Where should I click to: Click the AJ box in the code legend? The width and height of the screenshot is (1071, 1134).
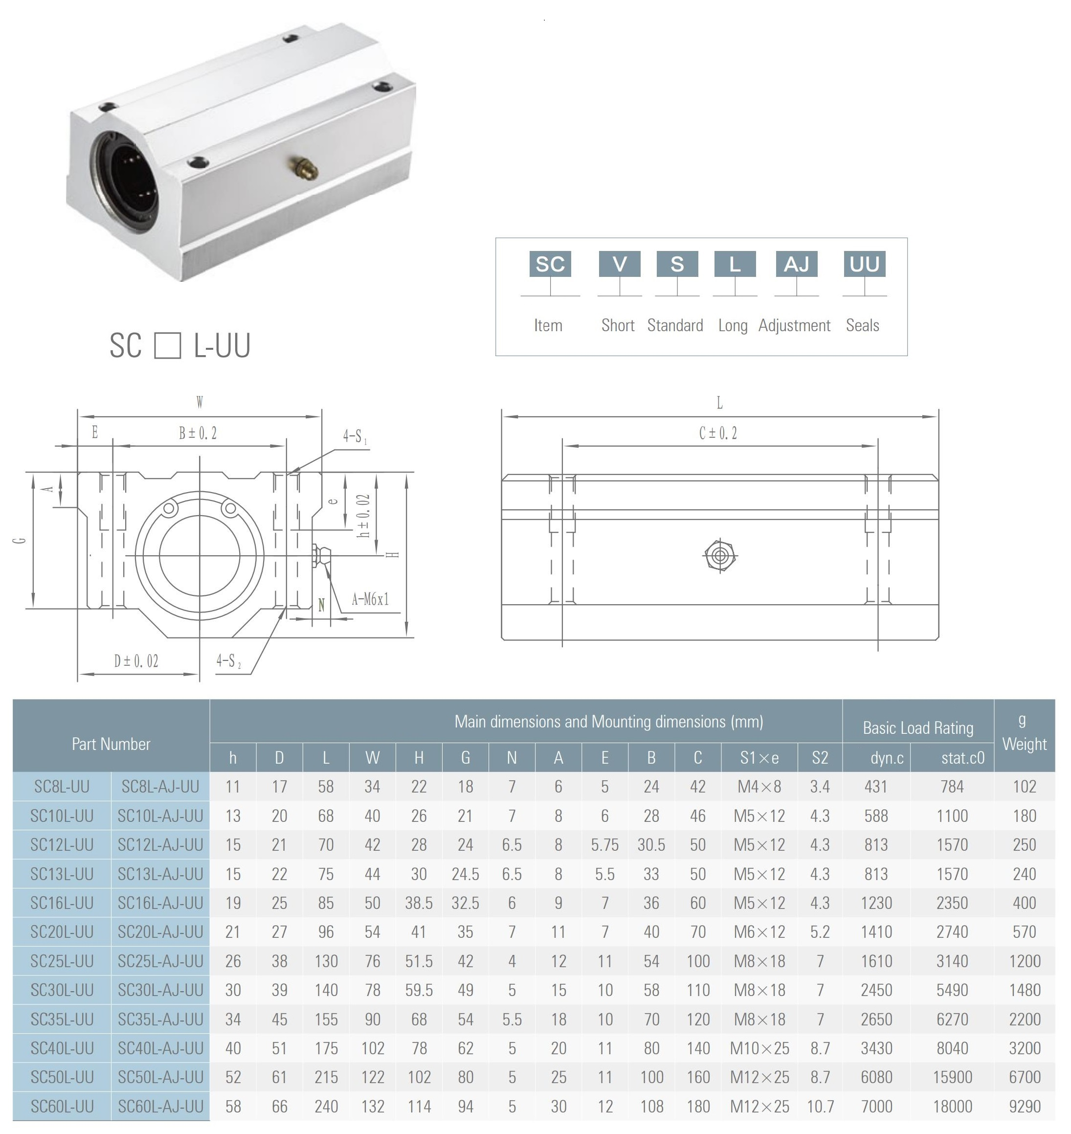[x=796, y=264]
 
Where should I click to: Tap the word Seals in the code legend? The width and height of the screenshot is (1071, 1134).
[x=862, y=325]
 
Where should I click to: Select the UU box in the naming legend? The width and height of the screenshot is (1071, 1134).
[x=864, y=264]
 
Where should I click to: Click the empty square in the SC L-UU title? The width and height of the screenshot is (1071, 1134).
[x=167, y=345]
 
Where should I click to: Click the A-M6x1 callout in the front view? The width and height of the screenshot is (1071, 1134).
[x=370, y=600]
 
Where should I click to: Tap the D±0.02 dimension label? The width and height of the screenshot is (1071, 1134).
[x=136, y=661]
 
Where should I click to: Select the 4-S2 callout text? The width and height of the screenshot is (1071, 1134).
[x=228, y=661]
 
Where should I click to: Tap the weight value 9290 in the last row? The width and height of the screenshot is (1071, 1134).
[x=1024, y=1107]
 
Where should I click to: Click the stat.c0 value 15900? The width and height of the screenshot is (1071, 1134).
[x=952, y=1077]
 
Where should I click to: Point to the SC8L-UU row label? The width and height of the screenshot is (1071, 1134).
[x=62, y=787]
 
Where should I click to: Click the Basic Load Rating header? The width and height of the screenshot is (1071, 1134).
[x=917, y=728]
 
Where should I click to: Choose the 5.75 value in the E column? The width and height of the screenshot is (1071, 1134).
[x=604, y=845]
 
